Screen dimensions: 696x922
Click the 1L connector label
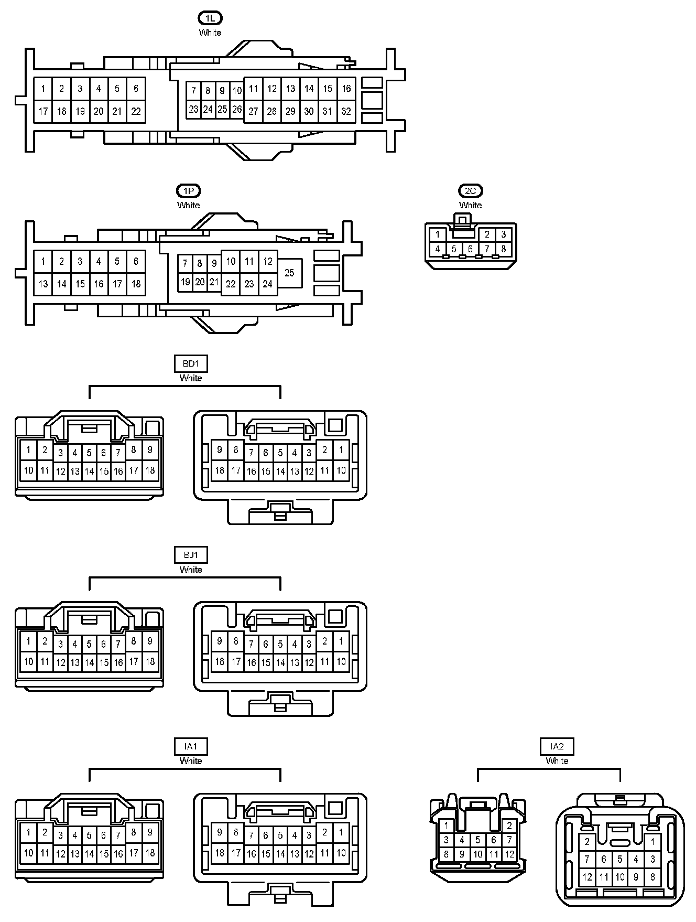click(x=210, y=18)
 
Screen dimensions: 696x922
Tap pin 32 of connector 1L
click(x=346, y=111)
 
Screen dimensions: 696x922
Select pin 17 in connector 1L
click(x=43, y=111)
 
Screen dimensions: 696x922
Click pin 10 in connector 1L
click(x=237, y=91)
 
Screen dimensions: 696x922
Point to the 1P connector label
click(x=188, y=191)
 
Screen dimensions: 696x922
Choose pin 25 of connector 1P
click(x=289, y=273)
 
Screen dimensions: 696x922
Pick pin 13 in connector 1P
click(x=43, y=284)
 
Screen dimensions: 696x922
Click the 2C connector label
click(x=470, y=191)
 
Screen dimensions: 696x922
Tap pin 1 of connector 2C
click(x=438, y=234)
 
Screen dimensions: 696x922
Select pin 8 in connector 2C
click(x=503, y=249)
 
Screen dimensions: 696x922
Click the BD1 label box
click(x=191, y=363)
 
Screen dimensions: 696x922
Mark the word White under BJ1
click(x=191, y=570)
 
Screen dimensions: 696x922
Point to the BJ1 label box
click(x=191, y=555)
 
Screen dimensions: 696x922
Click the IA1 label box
click(x=191, y=746)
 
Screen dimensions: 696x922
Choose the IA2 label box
click(x=557, y=746)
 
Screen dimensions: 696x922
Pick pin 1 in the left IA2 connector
click(x=446, y=825)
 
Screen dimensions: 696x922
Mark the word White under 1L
click(x=210, y=33)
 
